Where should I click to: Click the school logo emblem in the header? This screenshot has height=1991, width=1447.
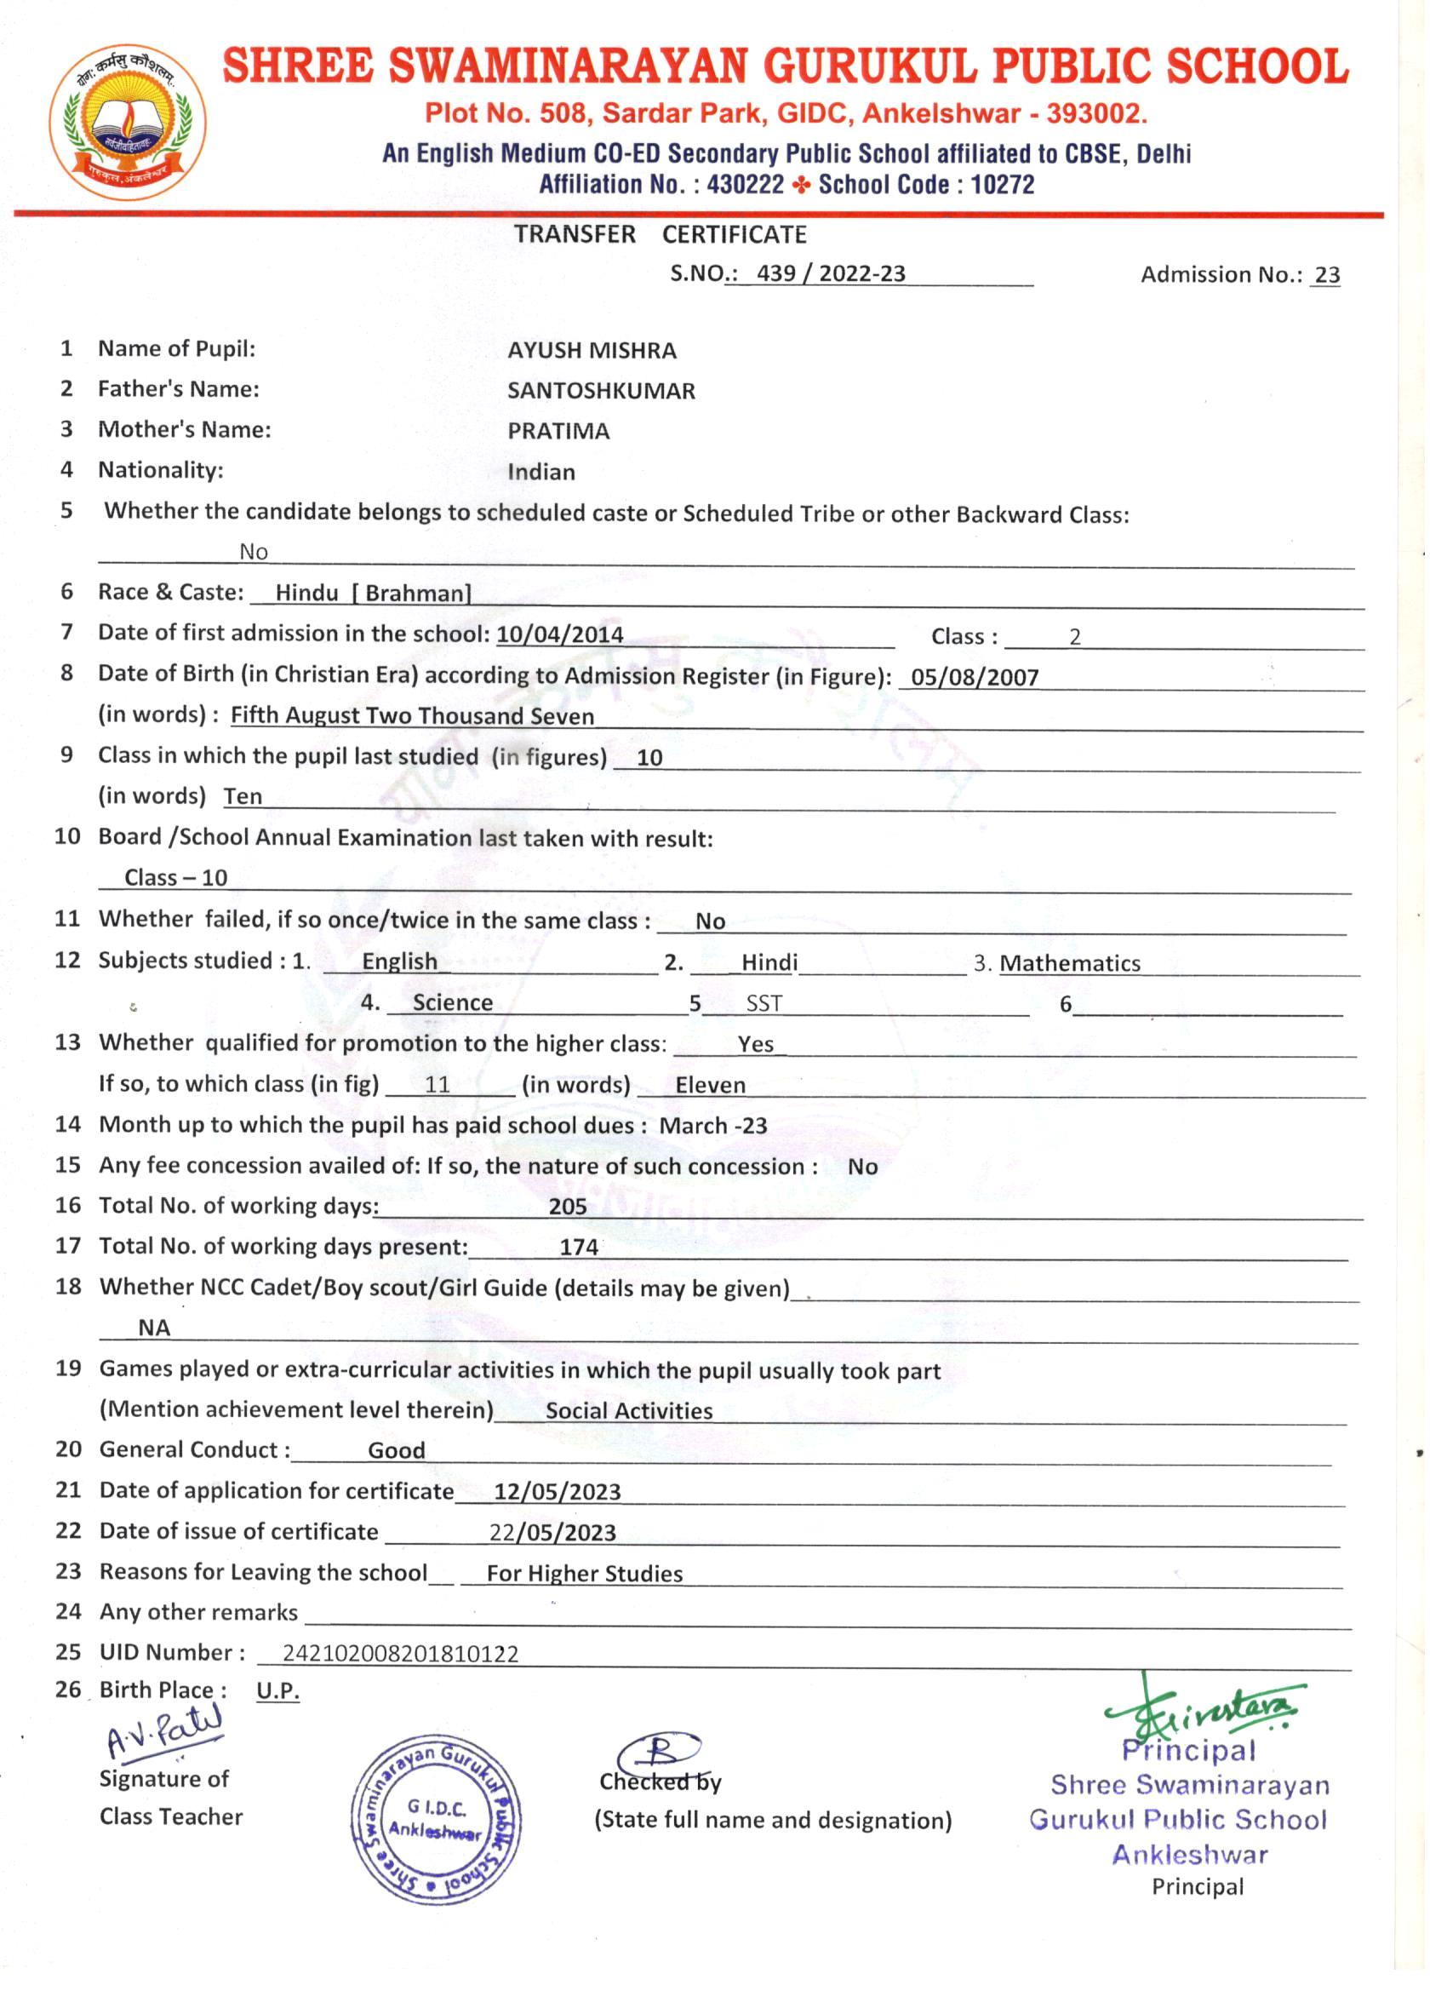click(129, 122)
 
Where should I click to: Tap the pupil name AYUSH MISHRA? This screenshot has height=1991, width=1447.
click(592, 350)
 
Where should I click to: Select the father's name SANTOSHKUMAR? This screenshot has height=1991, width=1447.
click(601, 391)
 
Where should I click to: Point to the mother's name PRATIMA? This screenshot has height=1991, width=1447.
click(558, 431)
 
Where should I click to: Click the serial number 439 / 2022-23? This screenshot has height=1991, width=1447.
click(830, 274)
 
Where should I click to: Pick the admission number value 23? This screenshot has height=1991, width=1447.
click(1327, 276)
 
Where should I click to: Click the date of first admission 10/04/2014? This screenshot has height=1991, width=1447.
click(560, 634)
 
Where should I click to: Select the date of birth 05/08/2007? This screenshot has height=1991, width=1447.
click(975, 677)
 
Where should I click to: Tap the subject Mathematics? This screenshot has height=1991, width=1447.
click(1070, 963)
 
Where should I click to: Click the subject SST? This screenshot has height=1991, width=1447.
click(764, 1003)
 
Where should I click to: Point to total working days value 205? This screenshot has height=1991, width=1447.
click(568, 1206)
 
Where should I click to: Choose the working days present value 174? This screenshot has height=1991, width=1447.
click(579, 1247)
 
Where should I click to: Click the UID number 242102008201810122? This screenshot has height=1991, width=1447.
click(400, 1654)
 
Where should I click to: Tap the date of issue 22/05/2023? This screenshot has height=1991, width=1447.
click(552, 1533)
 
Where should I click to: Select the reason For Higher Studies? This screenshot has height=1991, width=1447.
click(585, 1573)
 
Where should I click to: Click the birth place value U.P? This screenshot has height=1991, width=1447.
click(277, 1691)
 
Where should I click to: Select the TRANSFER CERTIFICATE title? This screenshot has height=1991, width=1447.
click(660, 234)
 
